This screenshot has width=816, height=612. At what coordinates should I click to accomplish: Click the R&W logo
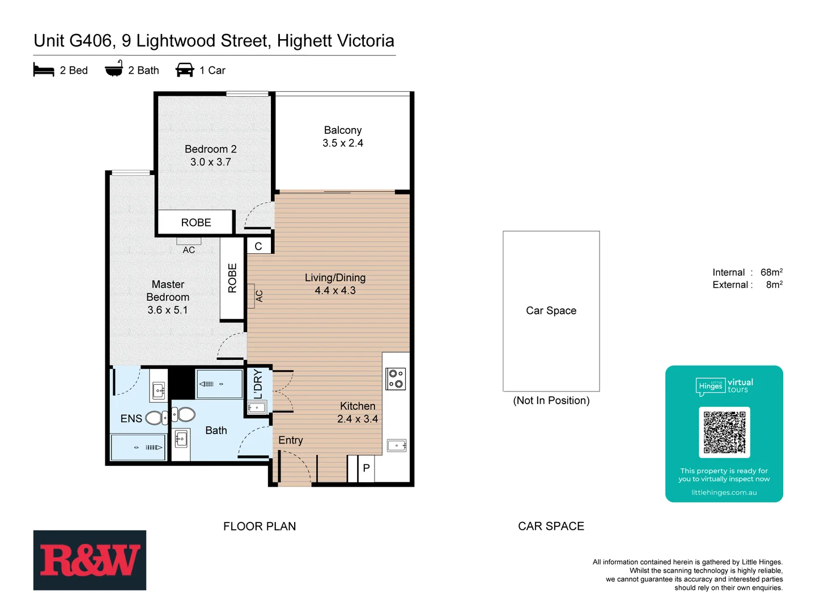tap(90, 560)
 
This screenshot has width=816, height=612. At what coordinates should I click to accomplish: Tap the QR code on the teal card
tap(724, 432)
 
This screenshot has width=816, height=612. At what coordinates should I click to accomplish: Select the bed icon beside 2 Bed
tap(44, 70)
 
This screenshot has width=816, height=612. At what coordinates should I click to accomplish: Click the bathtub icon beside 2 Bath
tap(114, 69)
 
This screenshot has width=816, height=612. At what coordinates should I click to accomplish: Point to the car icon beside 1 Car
tap(185, 70)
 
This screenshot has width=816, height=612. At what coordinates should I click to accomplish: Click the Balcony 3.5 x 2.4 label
tap(343, 137)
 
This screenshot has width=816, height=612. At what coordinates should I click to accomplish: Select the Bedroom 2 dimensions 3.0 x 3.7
tap(210, 162)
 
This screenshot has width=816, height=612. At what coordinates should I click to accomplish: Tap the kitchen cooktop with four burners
tap(396, 379)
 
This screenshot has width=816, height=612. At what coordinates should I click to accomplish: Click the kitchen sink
tap(396, 445)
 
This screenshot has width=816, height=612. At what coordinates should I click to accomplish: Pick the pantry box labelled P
tap(366, 468)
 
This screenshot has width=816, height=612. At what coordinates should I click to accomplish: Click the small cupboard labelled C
tap(258, 246)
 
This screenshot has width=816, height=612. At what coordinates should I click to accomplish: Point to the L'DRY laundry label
tap(258, 384)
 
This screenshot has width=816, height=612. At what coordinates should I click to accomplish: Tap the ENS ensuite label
tap(131, 418)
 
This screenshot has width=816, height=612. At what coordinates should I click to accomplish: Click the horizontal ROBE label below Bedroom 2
tap(196, 223)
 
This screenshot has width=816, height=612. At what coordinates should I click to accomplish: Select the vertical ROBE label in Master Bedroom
tap(232, 278)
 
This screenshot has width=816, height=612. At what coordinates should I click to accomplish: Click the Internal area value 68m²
tap(771, 273)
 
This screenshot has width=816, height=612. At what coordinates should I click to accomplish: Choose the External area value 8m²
tap(773, 285)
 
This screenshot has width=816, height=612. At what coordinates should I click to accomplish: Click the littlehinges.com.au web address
tap(724, 492)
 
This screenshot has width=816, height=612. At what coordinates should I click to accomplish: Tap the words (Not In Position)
tap(551, 401)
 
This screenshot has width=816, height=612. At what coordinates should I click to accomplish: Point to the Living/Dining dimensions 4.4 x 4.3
tap(335, 291)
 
